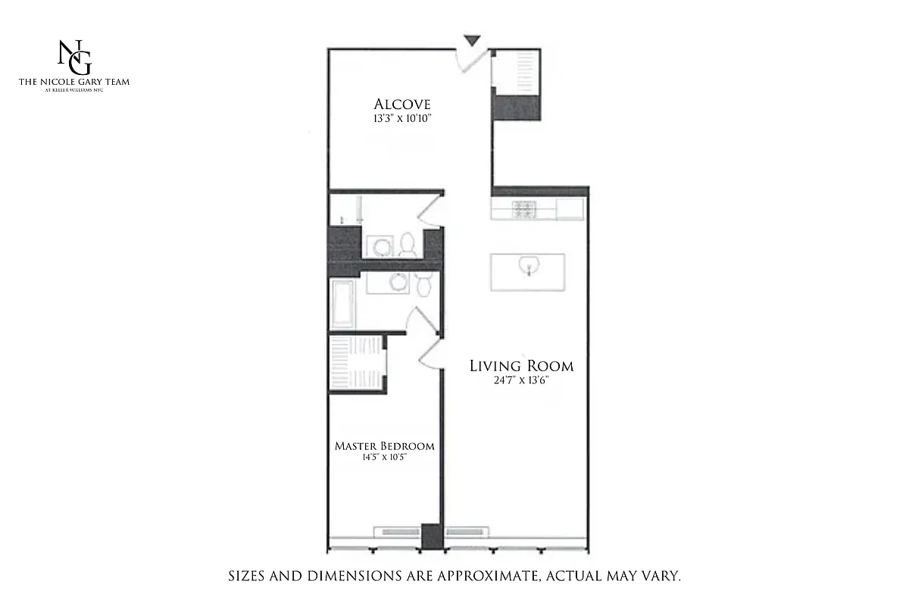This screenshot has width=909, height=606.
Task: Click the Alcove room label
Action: tap(402, 105)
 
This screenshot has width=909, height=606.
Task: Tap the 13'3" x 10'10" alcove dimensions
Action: tap(402, 119)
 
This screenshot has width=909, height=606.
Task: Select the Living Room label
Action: tap(521, 366)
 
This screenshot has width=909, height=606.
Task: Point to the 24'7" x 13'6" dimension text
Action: tap(520, 381)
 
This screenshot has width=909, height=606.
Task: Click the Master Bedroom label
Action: tap(385, 446)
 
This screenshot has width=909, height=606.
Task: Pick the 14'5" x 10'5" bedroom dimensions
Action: tap(385, 458)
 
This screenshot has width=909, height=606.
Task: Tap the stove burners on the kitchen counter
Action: tap(524, 210)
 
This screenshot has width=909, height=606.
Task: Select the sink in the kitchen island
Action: tap(528, 266)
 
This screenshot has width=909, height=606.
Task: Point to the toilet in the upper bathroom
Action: tap(408, 243)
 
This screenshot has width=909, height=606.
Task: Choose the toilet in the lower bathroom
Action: tap(424, 284)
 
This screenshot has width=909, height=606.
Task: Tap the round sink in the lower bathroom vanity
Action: tap(397, 283)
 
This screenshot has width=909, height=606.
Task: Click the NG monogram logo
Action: tap(74, 57)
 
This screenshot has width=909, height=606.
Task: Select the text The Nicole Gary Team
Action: tap(74, 82)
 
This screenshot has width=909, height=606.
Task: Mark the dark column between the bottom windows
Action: tap(431, 536)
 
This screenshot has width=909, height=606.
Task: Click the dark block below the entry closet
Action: tap(517, 107)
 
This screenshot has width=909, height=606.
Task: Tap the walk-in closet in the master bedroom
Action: tap(357, 364)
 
